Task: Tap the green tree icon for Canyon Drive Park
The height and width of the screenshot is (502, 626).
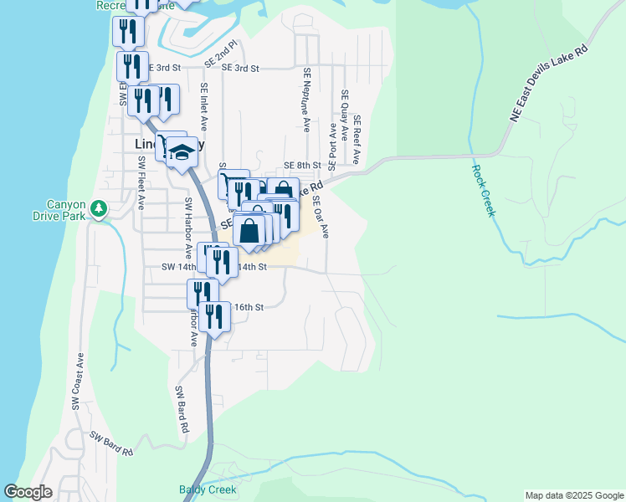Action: [x=100, y=207]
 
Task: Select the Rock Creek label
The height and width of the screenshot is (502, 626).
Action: [x=484, y=191]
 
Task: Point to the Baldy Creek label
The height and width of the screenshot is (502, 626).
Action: [x=208, y=489]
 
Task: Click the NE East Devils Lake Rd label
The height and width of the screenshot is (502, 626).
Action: [x=550, y=85]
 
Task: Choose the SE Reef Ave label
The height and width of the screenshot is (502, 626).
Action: [x=357, y=139]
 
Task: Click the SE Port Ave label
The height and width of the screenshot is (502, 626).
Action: [x=332, y=143]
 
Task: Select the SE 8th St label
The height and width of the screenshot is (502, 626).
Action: [x=302, y=166]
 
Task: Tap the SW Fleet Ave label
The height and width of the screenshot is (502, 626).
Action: [x=141, y=182]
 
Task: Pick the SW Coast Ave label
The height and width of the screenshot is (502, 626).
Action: [x=76, y=381]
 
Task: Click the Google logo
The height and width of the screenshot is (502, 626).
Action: [x=28, y=492]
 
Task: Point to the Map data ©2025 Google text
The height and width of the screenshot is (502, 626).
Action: [x=574, y=495]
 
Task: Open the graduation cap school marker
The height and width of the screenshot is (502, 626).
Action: [x=181, y=151]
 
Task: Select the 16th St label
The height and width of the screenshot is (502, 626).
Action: [x=249, y=307]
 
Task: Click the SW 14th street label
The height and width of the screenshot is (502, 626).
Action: [x=179, y=267]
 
